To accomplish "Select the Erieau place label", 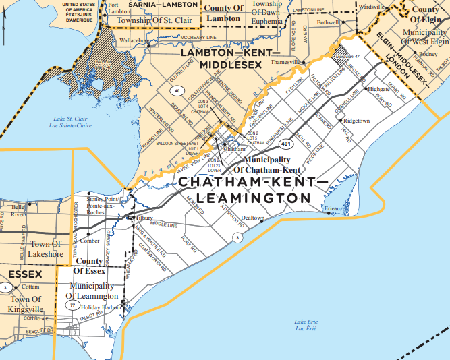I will coord(332,209).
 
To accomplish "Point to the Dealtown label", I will coord(253,218).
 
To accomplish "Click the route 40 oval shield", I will coord(177,90).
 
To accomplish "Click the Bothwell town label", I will coord(328,22).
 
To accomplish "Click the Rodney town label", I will coord(428,54).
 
